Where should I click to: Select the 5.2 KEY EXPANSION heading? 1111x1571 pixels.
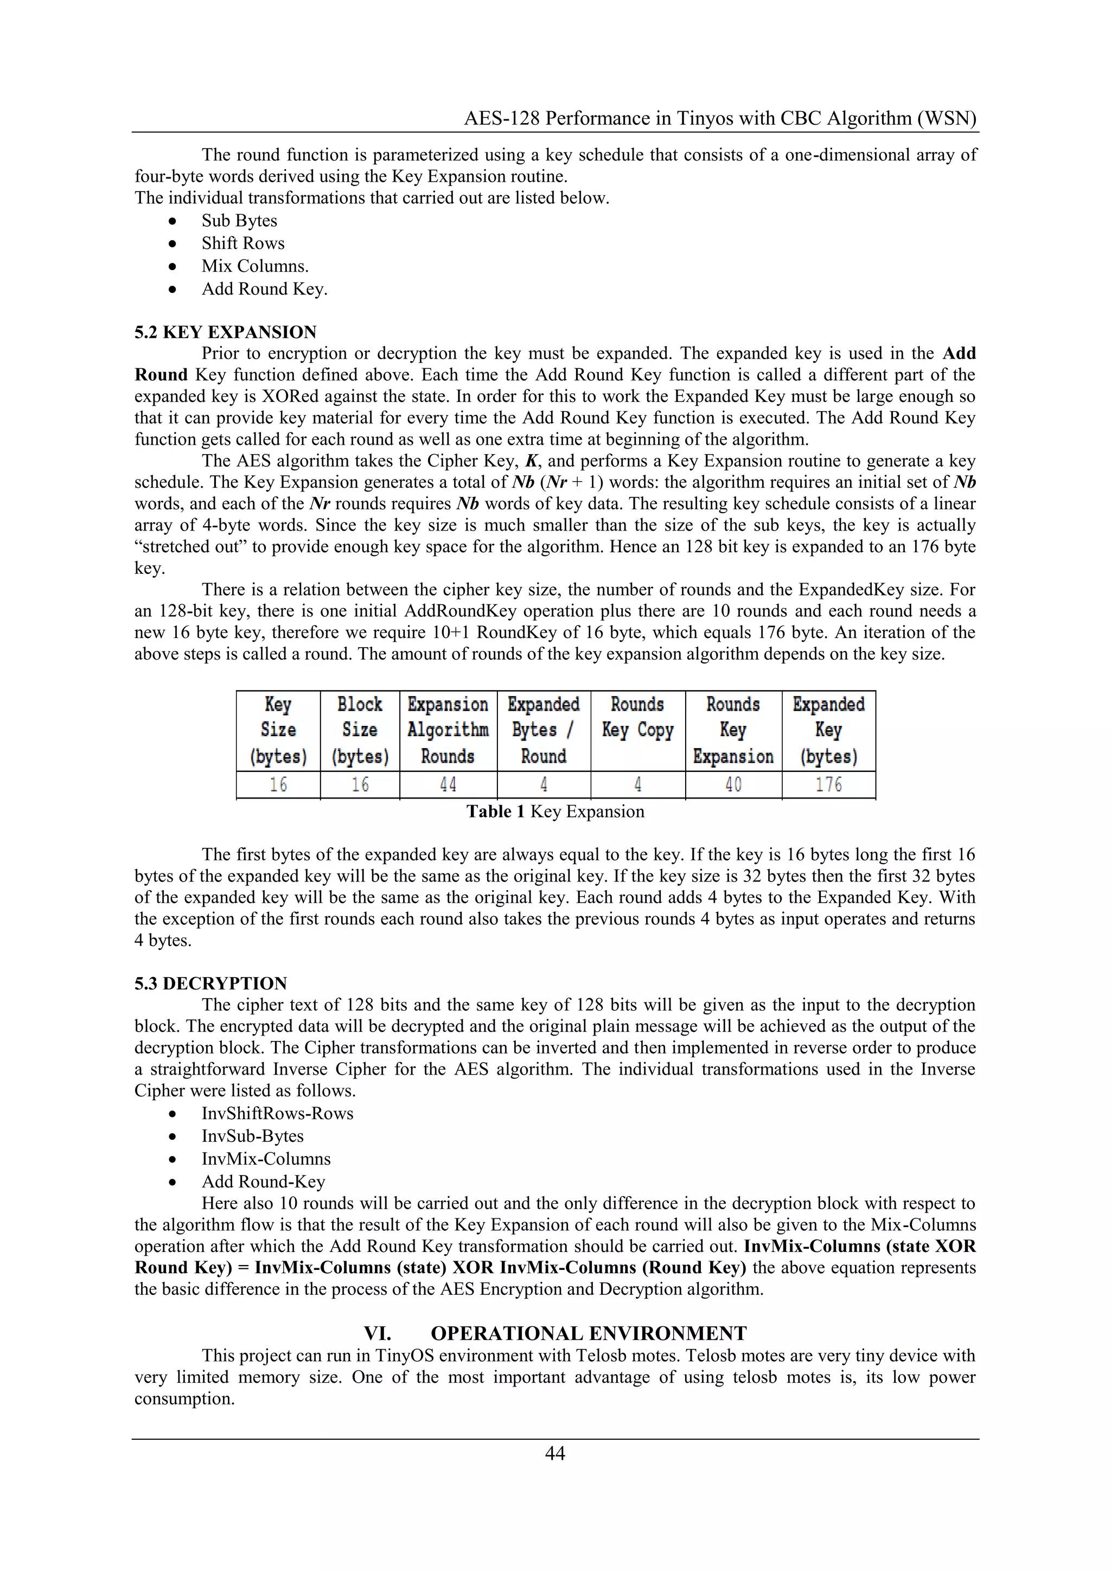(x=225, y=333)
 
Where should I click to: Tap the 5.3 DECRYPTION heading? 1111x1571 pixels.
(x=210, y=984)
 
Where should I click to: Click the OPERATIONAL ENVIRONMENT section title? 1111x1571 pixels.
(x=589, y=1333)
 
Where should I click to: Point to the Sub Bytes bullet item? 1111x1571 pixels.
(x=239, y=221)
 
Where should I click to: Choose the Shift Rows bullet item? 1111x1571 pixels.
(x=243, y=244)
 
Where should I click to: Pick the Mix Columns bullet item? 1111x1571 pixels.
(x=254, y=266)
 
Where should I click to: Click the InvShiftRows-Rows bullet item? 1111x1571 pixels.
(x=277, y=1113)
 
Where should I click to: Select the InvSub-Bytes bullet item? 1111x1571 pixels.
(x=252, y=1136)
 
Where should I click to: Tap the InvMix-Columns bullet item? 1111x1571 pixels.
(x=265, y=1159)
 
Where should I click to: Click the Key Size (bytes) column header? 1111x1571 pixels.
(x=278, y=731)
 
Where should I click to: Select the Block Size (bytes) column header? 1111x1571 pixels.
(x=360, y=731)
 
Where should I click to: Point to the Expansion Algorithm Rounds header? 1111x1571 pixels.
(x=448, y=731)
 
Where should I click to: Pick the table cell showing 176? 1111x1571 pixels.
(x=828, y=785)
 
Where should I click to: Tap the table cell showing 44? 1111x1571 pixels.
(x=448, y=785)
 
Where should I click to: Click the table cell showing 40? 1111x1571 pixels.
(x=733, y=785)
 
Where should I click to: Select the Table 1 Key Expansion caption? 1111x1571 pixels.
(x=555, y=812)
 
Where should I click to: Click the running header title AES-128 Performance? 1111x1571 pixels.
(x=720, y=118)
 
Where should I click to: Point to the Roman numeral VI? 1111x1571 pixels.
(x=377, y=1333)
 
